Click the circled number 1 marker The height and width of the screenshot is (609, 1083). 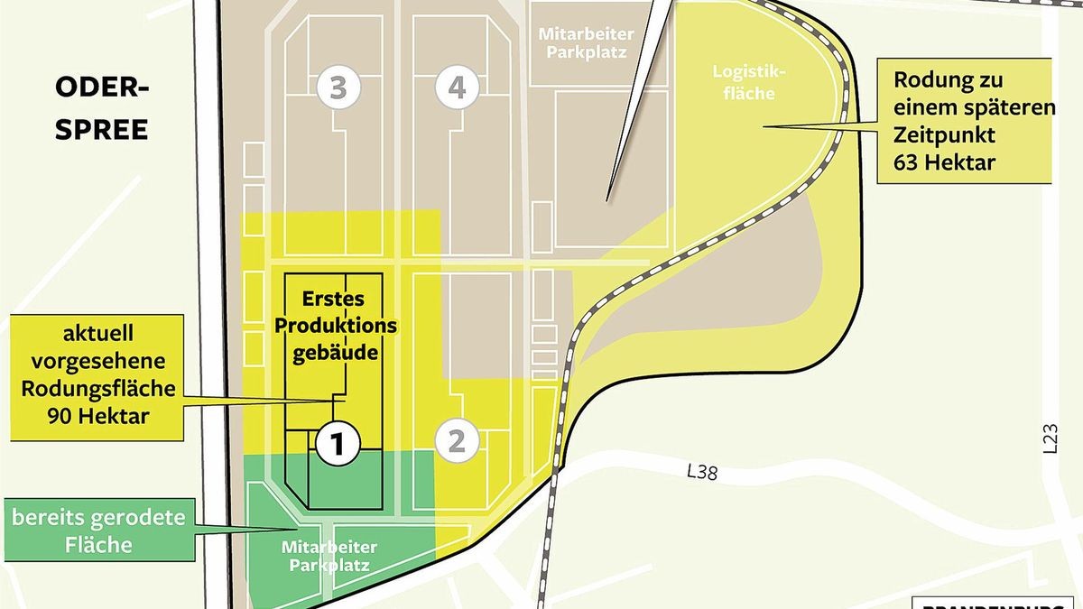tap(338, 442)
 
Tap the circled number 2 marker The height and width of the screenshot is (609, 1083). tap(456, 441)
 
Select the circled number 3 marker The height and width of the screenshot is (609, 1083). tap(338, 88)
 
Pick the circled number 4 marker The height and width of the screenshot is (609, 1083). tap(456, 88)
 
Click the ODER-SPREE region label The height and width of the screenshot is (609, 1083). tap(102, 108)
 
